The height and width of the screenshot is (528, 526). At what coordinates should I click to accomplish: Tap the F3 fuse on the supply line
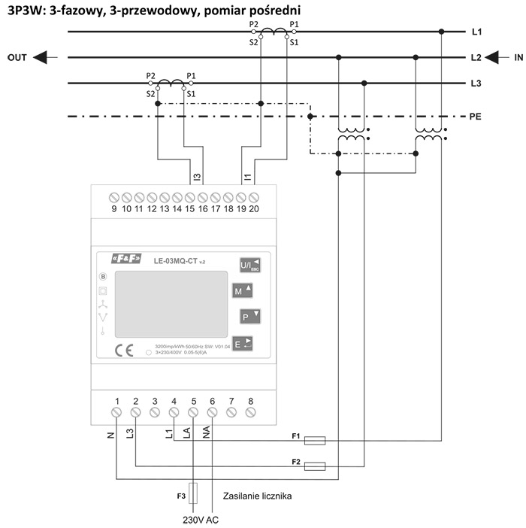[x=193, y=493]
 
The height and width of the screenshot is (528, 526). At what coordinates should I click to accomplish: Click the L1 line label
[x=476, y=32]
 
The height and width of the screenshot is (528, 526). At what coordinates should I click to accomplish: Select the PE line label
[x=476, y=117]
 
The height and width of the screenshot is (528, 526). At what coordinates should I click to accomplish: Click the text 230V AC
[x=201, y=518]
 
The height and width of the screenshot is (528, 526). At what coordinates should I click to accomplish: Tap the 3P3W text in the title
[x=24, y=11]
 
